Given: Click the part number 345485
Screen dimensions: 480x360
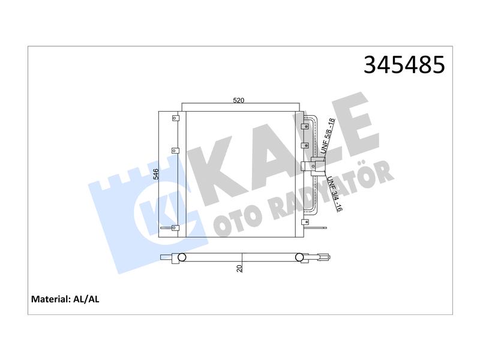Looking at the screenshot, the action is tap(404, 65).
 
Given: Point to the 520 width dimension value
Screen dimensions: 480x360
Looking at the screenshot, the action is tap(239, 100).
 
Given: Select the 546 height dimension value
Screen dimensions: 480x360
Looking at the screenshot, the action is tap(156, 174).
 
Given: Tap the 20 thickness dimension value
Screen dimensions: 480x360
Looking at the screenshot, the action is tap(239, 268).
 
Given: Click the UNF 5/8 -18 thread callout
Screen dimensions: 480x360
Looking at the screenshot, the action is tap(328, 136).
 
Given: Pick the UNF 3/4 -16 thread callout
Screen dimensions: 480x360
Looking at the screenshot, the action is tap(335, 194).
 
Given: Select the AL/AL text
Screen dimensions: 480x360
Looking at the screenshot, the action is tap(86, 299).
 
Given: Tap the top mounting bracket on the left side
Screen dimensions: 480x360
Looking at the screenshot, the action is tap(175, 118).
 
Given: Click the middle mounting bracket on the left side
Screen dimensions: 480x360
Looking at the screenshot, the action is tap(175, 151).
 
